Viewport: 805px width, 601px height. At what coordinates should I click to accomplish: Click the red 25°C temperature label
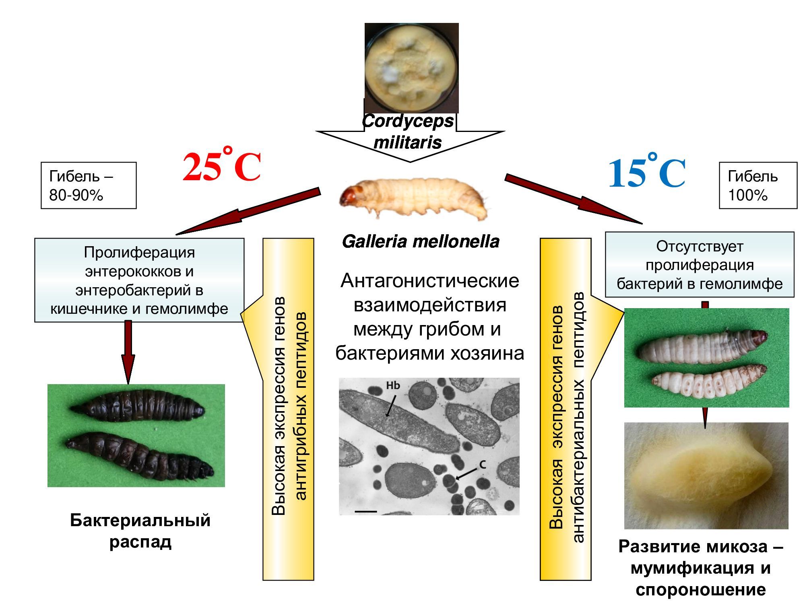(222, 167)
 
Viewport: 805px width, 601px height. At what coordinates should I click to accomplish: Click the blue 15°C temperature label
(646, 173)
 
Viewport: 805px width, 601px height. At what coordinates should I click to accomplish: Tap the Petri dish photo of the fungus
(411, 67)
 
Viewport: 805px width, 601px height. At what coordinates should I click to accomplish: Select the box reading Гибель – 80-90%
(89, 185)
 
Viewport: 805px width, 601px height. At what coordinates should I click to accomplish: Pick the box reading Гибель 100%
(758, 185)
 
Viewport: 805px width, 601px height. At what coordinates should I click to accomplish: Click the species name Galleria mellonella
(421, 241)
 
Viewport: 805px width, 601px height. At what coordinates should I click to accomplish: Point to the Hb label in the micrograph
(393, 385)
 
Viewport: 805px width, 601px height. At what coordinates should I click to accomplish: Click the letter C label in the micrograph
(483, 465)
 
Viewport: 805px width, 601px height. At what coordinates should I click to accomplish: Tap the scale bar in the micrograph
(366, 511)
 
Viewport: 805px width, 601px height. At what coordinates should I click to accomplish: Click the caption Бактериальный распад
(140, 531)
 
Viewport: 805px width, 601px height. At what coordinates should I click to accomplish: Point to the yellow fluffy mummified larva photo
(706, 475)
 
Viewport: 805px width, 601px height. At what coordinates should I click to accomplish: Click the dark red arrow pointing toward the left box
(250, 211)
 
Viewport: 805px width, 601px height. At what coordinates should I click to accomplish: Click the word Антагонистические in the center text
(429, 280)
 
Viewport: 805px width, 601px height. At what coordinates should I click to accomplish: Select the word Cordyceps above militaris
(408, 121)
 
